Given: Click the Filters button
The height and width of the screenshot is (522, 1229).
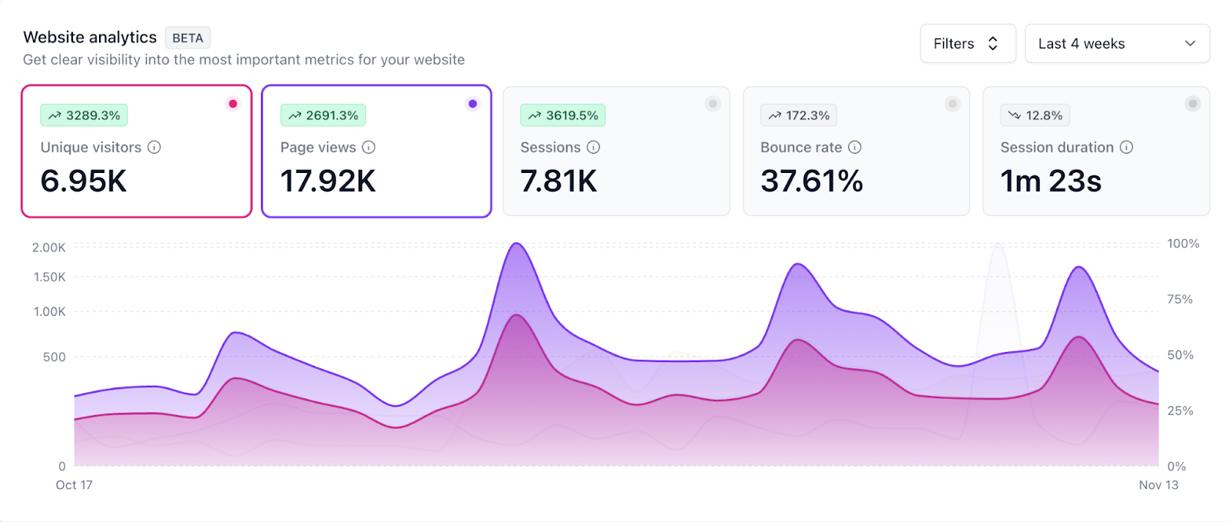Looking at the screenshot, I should tap(967, 44).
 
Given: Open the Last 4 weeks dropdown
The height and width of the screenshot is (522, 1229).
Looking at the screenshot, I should tap(1116, 44).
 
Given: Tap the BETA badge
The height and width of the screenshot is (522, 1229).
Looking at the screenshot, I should tap(187, 38).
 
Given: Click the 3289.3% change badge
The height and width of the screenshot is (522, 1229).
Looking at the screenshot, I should tap(84, 115).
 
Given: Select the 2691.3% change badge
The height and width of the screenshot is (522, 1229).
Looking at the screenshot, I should tap(323, 115).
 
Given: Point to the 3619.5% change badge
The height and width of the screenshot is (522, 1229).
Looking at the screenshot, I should tap(563, 115).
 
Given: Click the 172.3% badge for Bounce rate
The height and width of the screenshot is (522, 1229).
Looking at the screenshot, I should tap(799, 115).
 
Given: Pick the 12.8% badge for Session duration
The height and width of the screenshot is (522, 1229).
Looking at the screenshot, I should tap(1035, 115).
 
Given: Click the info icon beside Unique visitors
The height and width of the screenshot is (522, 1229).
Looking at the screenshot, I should tap(154, 147).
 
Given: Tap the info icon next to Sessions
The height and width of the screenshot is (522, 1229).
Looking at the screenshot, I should tap(594, 147).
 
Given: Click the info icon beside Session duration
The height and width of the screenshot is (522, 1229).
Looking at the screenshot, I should tap(1126, 147).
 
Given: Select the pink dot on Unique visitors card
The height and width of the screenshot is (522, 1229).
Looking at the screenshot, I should tap(233, 104).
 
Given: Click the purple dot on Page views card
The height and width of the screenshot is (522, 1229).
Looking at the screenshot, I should tap(472, 104).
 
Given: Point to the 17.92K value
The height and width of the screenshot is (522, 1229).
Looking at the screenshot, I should tap(328, 181).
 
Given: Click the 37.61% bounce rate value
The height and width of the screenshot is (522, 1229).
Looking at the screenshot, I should tap(811, 181).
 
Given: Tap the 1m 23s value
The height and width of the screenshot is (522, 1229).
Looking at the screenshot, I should tap(1050, 181).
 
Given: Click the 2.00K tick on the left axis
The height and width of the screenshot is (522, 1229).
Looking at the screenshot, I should tap(49, 248).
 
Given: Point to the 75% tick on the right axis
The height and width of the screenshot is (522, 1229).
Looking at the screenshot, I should tap(1180, 299).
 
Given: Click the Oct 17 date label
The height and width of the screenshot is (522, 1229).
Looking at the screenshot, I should tap(74, 485).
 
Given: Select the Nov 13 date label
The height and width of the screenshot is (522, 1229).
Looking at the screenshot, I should tap(1158, 485).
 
